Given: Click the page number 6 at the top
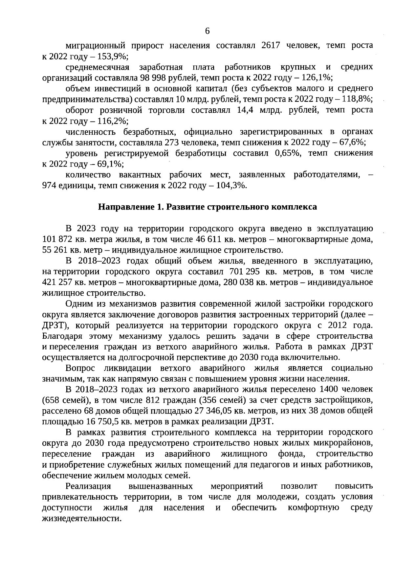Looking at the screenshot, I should click(x=207, y=31).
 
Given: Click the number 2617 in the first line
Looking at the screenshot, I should click(x=271, y=45).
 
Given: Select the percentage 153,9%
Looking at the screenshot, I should click(x=113, y=56).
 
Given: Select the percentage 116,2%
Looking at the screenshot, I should click(x=113, y=121).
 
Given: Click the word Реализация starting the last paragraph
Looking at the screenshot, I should click(x=88, y=486).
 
